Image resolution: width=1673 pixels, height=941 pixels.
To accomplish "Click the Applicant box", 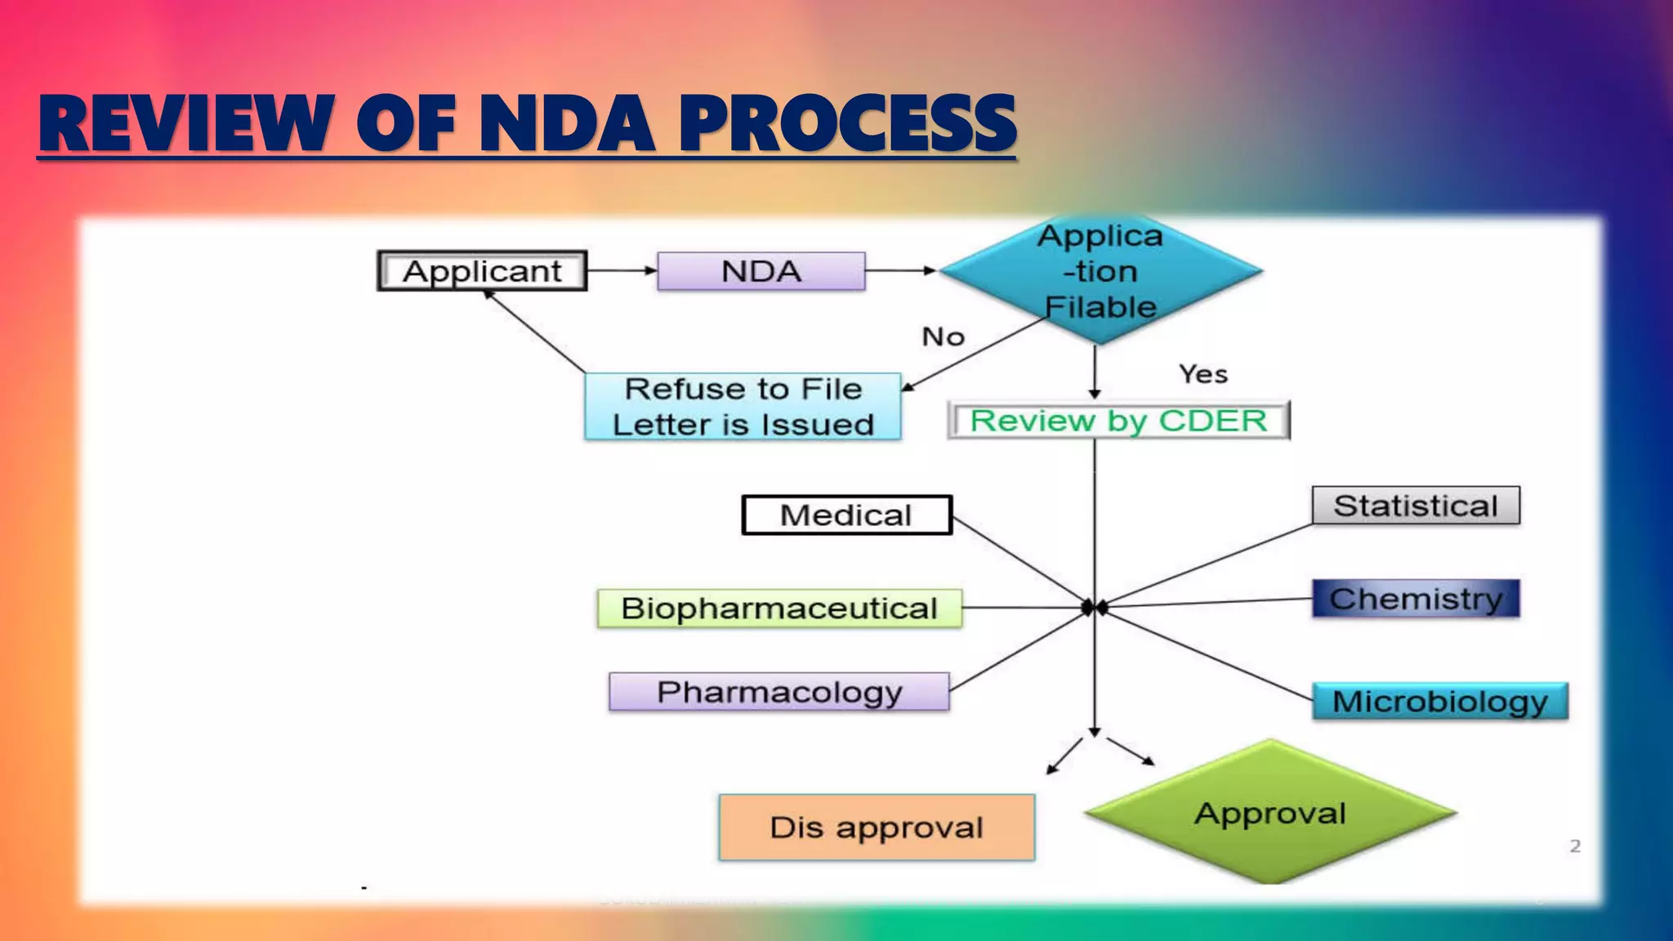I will click(x=482, y=271).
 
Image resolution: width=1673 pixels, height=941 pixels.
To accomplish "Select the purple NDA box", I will click(x=761, y=271).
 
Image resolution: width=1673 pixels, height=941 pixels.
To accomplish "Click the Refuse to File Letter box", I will click(x=743, y=407).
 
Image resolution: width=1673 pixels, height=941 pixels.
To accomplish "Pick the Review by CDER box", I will click(x=1118, y=421).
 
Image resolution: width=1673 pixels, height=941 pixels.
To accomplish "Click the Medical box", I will click(x=846, y=515).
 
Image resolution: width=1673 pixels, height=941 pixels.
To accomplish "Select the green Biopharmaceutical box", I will click(x=779, y=609).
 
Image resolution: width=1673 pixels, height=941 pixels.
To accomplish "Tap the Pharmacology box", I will click(x=779, y=693).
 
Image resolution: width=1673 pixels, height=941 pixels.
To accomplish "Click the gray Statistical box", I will click(x=1416, y=506).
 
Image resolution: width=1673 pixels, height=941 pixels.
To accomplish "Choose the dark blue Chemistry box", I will click(x=1416, y=599).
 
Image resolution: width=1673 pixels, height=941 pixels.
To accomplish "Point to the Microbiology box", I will click(x=1439, y=702).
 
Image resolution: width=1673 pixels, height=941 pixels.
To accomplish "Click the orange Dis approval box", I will click(x=877, y=827).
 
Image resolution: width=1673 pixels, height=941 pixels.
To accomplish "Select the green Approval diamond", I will click(x=1270, y=814).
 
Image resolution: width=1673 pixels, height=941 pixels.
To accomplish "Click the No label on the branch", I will click(x=943, y=337).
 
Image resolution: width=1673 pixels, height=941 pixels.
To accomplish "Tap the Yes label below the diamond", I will click(x=1202, y=374).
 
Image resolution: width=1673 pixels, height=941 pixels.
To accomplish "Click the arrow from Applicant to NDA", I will click(x=622, y=270).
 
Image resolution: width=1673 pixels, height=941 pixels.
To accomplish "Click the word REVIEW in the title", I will click(x=187, y=124).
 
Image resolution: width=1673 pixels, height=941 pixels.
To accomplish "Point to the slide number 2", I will click(x=1575, y=846).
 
